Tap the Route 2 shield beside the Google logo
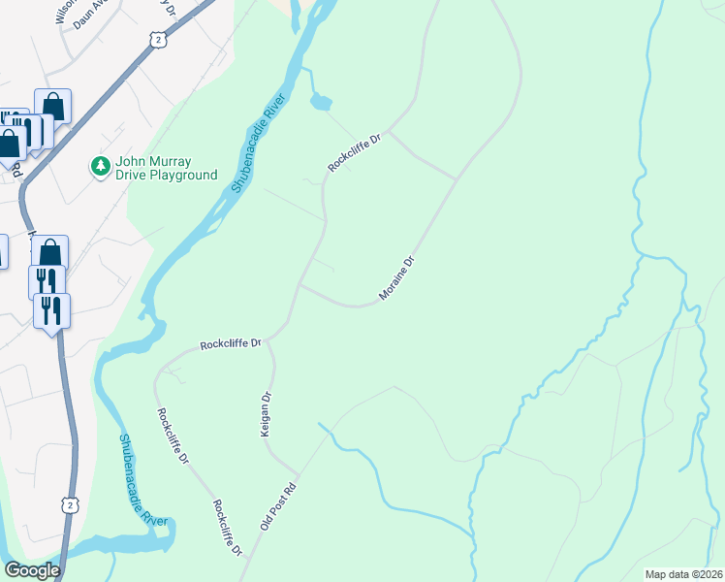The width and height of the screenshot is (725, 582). click(69, 504)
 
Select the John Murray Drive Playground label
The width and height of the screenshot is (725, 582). click(166, 168)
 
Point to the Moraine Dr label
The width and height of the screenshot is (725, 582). click(397, 277)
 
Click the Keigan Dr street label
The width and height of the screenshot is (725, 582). click(265, 414)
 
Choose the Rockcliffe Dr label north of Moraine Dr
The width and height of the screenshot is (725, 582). click(356, 153)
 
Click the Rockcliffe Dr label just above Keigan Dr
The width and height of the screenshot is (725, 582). click(232, 343)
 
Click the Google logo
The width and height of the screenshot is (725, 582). click(32, 570)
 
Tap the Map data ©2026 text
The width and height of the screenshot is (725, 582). click(684, 574)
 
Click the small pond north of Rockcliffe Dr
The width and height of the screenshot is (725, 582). click(321, 101)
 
